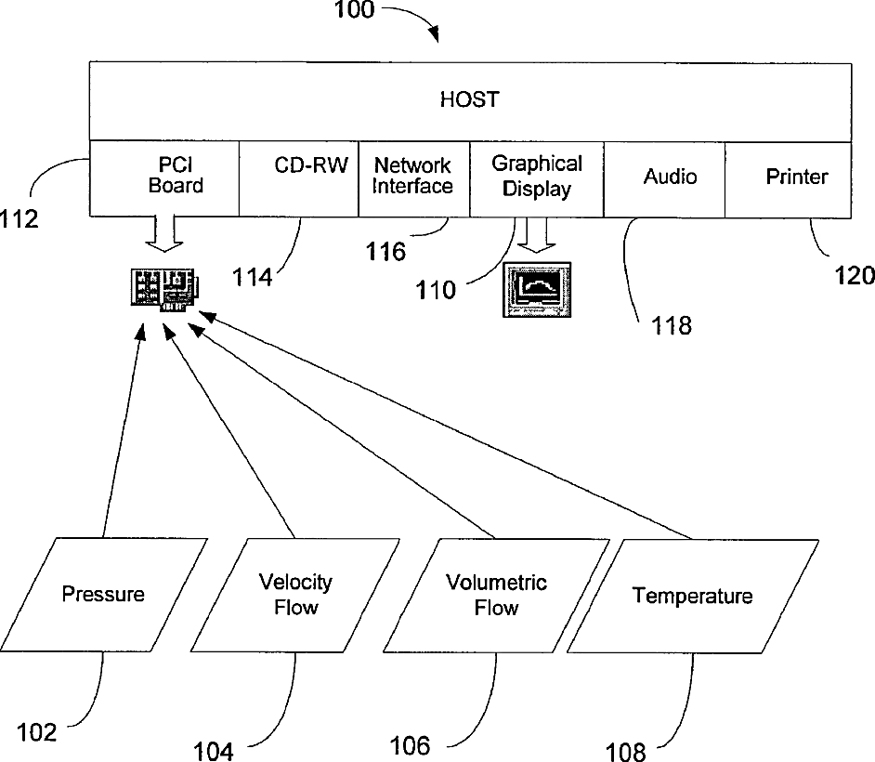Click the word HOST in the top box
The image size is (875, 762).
(x=469, y=99)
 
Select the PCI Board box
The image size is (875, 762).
(x=164, y=178)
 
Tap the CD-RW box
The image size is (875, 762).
(x=298, y=178)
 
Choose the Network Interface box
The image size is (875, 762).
(x=414, y=178)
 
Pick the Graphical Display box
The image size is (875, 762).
(x=537, y=179)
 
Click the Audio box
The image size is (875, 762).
(x=664, y=179)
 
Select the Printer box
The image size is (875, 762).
(x=788, y=179)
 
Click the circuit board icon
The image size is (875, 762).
(x=165, y=290)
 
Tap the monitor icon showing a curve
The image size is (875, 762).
(x=537, y=290)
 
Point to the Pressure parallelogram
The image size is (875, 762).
(x=104, y=595)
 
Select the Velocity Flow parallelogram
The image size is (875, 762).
(x=295, y=595)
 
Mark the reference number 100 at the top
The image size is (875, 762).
(x=354, y=10)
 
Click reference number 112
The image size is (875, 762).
(x=19, y=218)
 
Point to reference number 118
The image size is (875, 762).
(x=672, y=325)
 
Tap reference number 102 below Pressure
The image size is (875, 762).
(x=37, y=732)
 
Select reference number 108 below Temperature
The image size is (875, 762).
(x=625, y=752)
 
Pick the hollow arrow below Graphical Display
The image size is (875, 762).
(x=536, y=234)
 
